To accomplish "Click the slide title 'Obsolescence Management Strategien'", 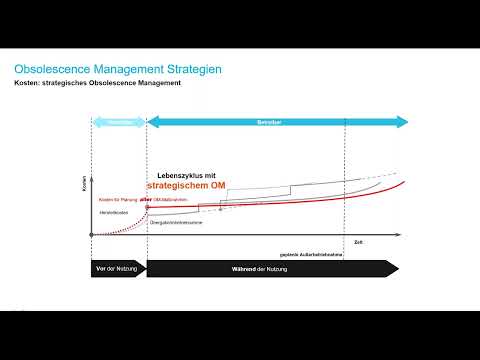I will click(117, 69).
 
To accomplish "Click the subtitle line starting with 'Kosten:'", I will click(97, 83).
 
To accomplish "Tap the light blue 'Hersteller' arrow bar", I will click(119, 122).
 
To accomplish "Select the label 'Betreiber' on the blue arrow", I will click(264, 122).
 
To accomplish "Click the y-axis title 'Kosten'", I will click(84, 185).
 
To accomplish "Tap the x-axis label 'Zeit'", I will click(358, 242).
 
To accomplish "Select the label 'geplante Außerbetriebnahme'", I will click(313, 253).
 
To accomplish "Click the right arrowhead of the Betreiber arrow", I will click(403, 122).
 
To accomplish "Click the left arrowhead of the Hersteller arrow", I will click(95, 122).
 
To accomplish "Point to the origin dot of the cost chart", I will click(91, 235).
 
